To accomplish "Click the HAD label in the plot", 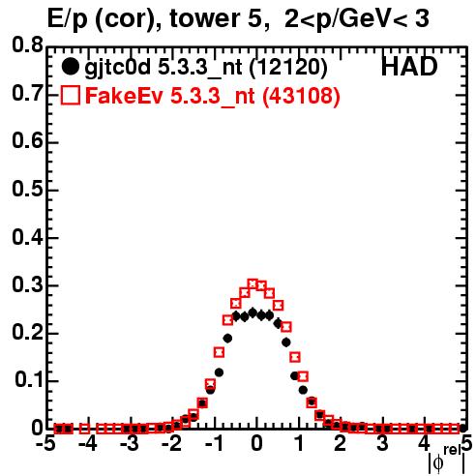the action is tap(409, 67).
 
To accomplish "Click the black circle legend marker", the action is tap(70, 67).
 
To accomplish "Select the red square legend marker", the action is tap(70, 96).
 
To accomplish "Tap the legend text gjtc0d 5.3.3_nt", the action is tap(164, 68).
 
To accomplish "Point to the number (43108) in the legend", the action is tap(301, 96).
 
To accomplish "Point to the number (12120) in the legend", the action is tap(288, 68).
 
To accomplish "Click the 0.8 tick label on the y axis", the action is tap(28, 45).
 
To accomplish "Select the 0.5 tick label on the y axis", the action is tap(28, 189).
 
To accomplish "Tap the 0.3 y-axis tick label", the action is tap(28, 284).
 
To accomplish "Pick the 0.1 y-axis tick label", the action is tap(29, 380).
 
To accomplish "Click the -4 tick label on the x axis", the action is tap(88, 444).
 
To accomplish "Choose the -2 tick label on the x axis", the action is tap(172, 444).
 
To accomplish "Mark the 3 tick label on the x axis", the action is tap(383, 444).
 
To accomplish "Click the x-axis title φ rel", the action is tap(447, 460).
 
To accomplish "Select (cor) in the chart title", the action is tap(129, 20).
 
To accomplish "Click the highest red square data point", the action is tap(253, 283).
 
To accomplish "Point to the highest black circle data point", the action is tap(253, 312).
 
